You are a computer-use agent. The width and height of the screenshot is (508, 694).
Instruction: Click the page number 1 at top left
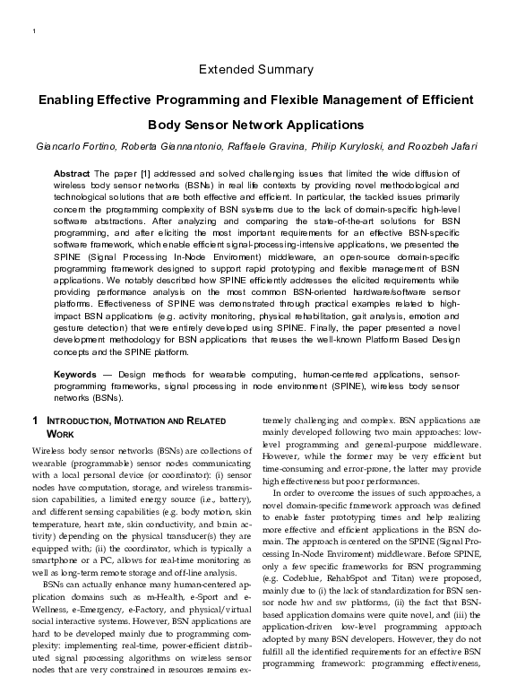pyautogui.click(x=33, y=33)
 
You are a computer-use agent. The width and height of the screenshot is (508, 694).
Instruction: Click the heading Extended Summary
pyautogui.click(x=255, y=69)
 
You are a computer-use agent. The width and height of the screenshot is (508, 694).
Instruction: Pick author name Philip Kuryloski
pyautogui.click(x=354, y=145)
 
